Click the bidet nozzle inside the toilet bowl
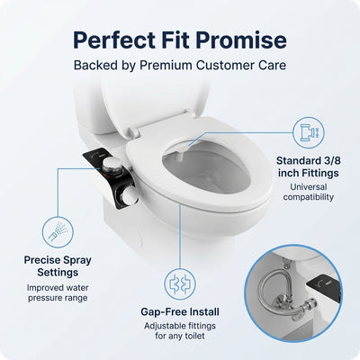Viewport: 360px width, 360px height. point(176,157)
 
